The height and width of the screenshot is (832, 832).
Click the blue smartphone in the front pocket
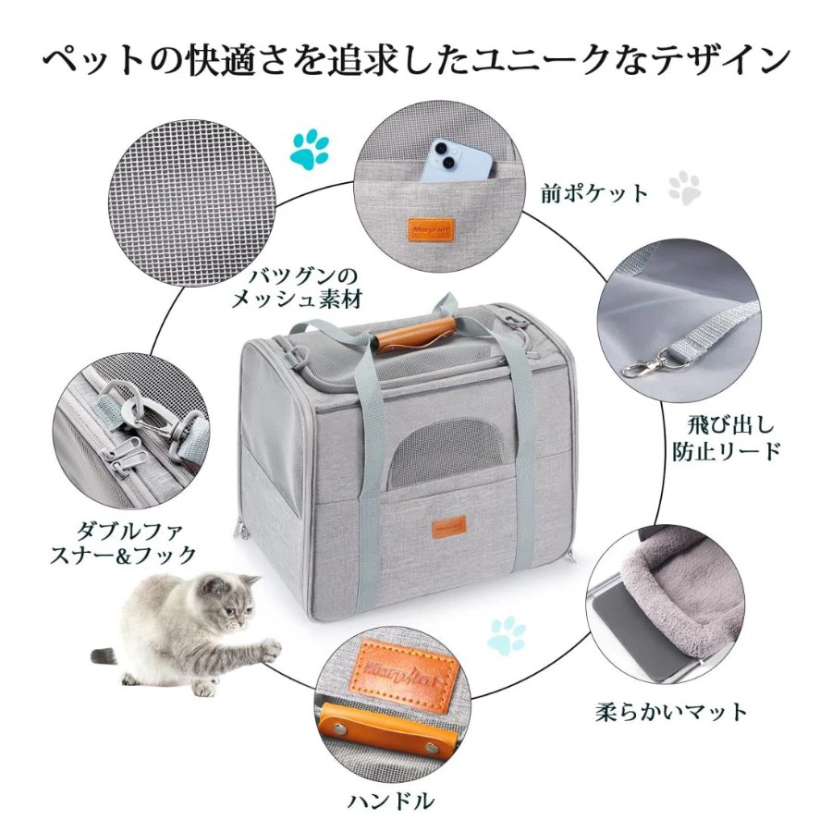[x=460, y=160]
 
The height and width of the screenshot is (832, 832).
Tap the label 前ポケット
[x=594, y=193]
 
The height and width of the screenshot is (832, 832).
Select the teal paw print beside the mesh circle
[x=310, y=149]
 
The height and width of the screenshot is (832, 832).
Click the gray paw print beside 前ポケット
[x=684, y=188]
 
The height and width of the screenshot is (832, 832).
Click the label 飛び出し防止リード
[x=727, y=438]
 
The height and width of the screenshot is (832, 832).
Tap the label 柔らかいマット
[x=671, y=713]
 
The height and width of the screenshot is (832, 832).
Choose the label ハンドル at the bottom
[x=391, y=801]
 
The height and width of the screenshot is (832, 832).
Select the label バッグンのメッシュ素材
[x=297, y=288]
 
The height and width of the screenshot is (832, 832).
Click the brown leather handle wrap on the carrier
[x=416, y=334]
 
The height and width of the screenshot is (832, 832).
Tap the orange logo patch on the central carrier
[x=448, y=527]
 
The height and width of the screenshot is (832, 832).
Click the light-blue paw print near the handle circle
[x=507, y=636]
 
